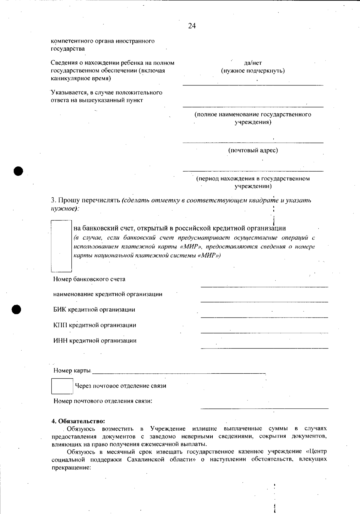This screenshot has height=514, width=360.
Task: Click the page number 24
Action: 192,26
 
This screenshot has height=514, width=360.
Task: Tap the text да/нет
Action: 253,63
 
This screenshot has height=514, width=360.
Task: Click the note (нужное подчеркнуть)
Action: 253,71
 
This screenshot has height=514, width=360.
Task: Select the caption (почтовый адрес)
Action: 253,150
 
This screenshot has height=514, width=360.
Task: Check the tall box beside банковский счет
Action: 61,246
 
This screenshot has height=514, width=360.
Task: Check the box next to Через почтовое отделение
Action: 62,386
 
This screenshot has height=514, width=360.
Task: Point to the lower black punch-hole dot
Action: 17,309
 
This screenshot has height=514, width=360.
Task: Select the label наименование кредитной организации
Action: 108,294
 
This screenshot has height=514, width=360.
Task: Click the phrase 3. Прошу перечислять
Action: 85,200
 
